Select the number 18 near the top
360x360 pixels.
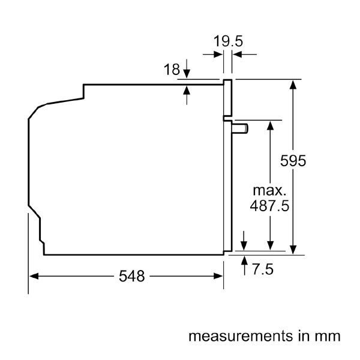click(x=172, y=70)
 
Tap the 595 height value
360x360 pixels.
click(x=294, y=161)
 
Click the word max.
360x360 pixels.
click(x=269, y=191)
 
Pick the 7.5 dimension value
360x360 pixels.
click(x=262, y=269)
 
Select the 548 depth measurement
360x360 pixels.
click(x=131, y=276)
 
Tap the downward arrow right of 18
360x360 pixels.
click(x=187, y=74)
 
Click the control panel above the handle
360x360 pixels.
click(x=228, y=97)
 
